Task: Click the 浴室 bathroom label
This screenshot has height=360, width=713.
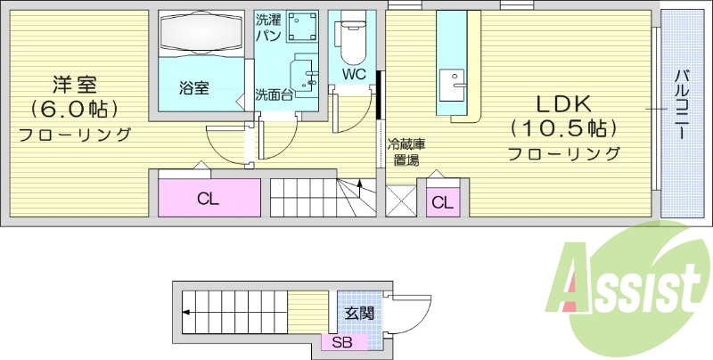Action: pyautogui.click(x=193, y=88)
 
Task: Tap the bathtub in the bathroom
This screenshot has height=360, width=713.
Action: pyautogui.click(x=201, y=35)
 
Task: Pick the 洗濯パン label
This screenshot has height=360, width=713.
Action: pyautogui.click(x=269, y=28)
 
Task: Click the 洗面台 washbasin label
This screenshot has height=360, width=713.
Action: pyautogui.click(x=273, y=94)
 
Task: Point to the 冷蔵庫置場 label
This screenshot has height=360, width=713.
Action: pyautogui.click(x=406, y=152)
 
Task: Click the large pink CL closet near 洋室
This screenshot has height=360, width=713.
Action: pyautogui.click(x=209, y=199)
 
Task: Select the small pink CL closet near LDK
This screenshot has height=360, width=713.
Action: pyautogui.click(x=442, y=202)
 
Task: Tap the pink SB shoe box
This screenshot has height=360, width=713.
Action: pyautogui.click(x=343, y=342)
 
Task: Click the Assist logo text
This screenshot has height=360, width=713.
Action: pyautogui.click(x=628, y=285)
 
